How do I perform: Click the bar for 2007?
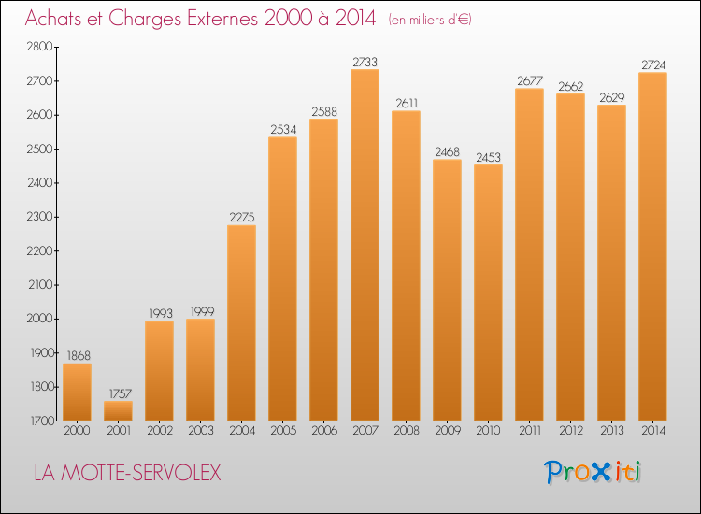tap(365, 245)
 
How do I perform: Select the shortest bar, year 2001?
tap(118, 411)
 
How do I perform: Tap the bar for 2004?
tap(241, 322)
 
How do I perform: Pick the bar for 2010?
tap(488, 293)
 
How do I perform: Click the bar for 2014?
tap(652, 247)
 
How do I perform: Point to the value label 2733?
tap(365, 62)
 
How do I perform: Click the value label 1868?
tap(79, 356)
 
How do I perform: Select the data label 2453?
tap(488, 157)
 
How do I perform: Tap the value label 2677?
tap(530, 81)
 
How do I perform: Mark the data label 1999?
tap(203, 311)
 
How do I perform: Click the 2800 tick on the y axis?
tap(40, 47)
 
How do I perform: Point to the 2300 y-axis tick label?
tap(40, 217)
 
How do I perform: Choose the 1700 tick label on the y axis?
tap(42, 421)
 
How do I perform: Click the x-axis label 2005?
tap(283, 431)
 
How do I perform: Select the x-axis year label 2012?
tap(571, 431)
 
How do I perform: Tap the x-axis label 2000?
tap(77, 431)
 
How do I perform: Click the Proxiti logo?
tap(593, 472)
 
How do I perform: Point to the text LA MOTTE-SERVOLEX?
tap(127, 473)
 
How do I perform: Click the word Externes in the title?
tap(222, 19)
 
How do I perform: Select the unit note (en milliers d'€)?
tap(430, 20)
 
